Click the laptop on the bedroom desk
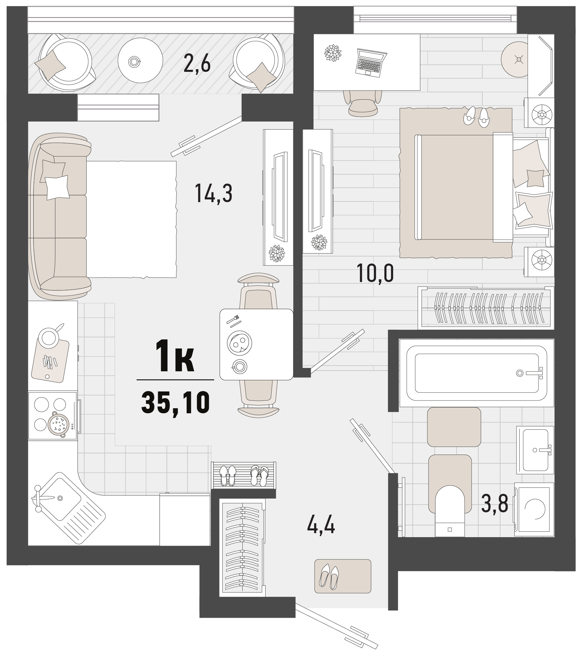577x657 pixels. tap(371, 63)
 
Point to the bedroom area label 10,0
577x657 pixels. tap(375, 273)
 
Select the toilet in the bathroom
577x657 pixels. tap(450, 513)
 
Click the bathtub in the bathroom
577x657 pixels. tap(477, 373)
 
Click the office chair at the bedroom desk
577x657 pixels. tap(363, 102)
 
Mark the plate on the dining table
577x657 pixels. tap(239, 343)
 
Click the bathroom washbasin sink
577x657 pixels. tap(535, 450)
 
